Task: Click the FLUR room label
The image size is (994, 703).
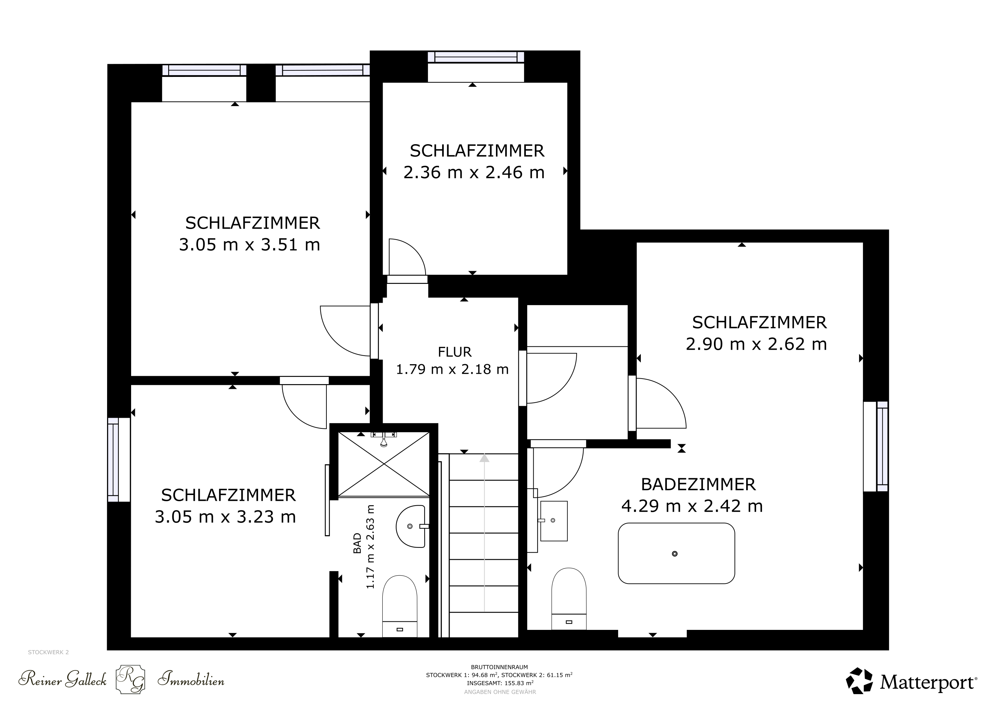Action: [454, 352]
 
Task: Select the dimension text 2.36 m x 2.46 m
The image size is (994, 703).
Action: [474, 172]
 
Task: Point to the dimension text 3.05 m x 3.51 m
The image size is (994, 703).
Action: [250, 245]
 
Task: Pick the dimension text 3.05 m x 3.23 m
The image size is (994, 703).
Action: [225, 517]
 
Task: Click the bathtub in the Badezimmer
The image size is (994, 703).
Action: [676, 553]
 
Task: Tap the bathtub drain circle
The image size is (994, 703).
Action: [674, 554]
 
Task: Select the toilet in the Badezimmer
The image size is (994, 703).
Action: [569, 599]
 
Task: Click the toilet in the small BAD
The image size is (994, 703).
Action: [400, 606]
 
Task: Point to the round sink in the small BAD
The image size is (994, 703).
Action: [411, 526]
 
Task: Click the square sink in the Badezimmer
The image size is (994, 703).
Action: [553, 521]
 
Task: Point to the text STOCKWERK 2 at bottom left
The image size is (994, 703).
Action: [48, 652]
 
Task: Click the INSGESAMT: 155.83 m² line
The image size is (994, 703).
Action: [500, 683]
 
